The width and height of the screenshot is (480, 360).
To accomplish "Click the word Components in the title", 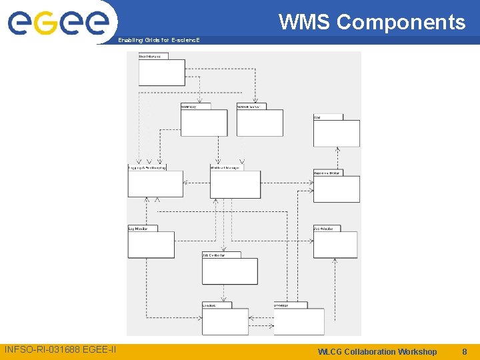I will point(401,22).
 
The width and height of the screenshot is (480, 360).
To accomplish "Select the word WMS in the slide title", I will point(305,22).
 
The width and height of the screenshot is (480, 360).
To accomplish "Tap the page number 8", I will point(465,351).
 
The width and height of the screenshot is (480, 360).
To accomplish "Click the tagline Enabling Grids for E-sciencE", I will point(158,40).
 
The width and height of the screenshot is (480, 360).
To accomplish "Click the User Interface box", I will point(161,72).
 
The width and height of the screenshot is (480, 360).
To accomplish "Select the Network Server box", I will point(260,123).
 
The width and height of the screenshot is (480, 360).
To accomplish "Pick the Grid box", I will point(336,133).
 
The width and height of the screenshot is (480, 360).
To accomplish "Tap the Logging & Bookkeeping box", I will point(155,184).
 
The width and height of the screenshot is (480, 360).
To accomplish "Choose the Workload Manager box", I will point(235,184).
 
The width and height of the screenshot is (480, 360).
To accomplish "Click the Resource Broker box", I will point(336,189).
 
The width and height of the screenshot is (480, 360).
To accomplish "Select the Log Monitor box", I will point(151,245).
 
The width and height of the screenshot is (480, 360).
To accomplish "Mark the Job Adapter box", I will point(335,245).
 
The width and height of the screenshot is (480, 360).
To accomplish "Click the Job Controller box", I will point(230,271).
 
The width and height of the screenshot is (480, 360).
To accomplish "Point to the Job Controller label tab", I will point(213,255).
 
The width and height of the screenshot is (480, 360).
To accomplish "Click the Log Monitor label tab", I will point(142,228).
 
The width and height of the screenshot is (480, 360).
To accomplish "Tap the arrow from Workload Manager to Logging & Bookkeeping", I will point(197,181).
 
